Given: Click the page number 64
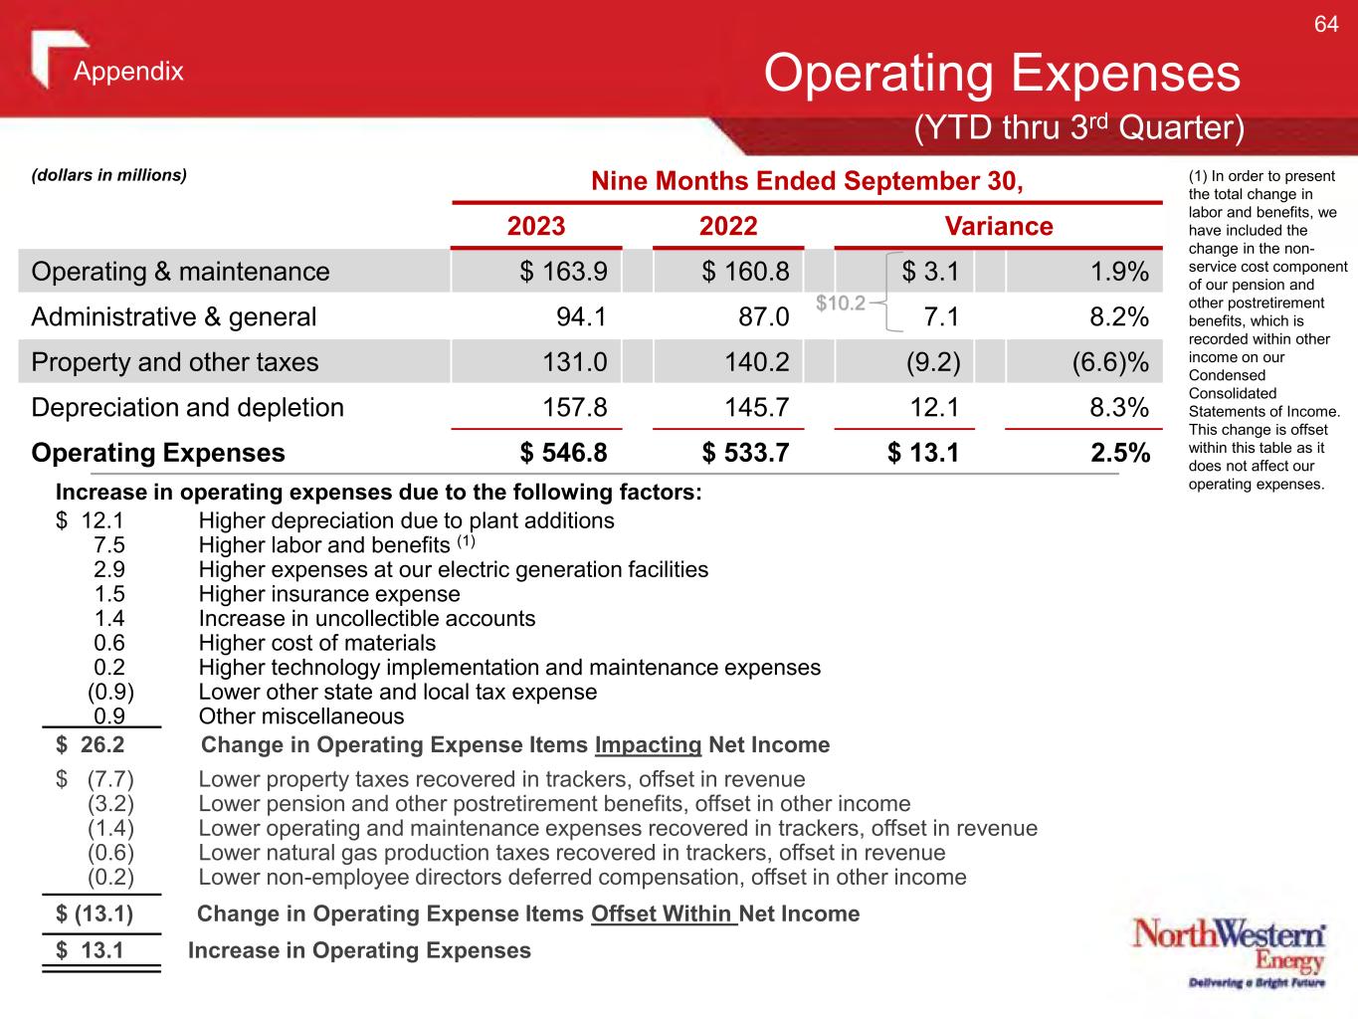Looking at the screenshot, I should point(1326,25).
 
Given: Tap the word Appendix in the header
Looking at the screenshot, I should point(128,72).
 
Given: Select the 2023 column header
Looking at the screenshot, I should point(536,226).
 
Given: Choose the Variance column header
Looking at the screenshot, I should point(998,226).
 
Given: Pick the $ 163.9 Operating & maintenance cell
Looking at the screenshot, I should point(563,272).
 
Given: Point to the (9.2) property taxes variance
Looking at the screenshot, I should point(932,362).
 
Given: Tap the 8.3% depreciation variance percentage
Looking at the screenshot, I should point(1119,407).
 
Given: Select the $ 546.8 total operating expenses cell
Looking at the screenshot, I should point(563,453).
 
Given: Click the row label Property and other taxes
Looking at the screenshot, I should point(175,362).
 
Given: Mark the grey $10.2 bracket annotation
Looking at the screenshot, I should point(841,303).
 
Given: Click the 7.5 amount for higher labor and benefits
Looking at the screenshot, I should point(108,545).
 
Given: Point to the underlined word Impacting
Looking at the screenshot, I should point(648,745).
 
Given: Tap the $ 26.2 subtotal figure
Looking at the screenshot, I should point(91,745).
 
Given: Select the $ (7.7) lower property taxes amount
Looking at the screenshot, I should point(97,779).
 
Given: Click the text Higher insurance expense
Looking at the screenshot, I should point(329,594).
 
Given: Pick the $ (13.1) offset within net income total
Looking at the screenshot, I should point(95,914).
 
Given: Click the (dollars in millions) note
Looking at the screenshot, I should point(109,175).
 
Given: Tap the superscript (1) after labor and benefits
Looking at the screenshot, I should point(467,542).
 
